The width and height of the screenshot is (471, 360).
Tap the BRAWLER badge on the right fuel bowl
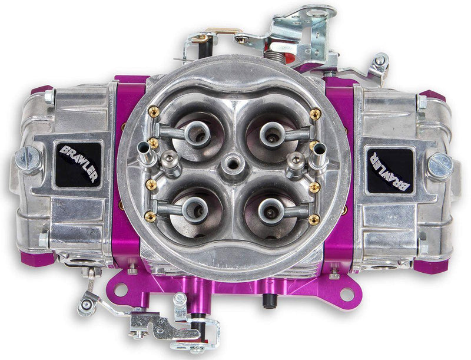tap(389, 170)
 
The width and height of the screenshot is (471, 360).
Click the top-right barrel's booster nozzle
tap(270, 134)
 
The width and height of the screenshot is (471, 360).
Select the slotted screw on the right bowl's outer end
tap(440, 166)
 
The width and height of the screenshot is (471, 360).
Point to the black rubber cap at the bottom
tap(268, 300)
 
